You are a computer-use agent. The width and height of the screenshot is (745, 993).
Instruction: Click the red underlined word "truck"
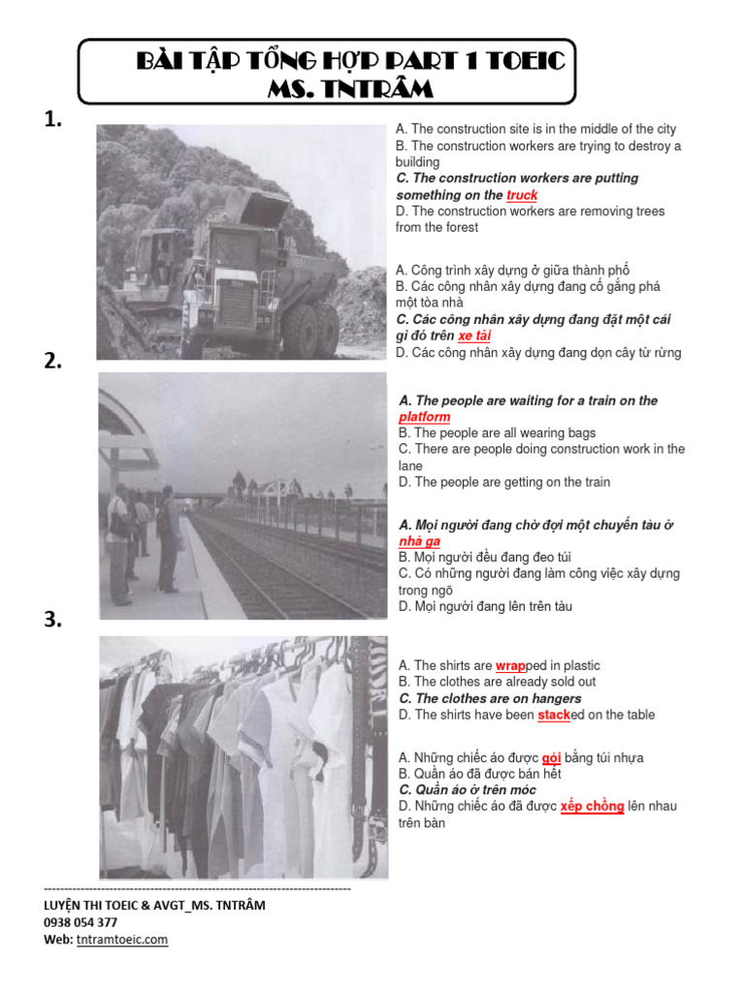522,195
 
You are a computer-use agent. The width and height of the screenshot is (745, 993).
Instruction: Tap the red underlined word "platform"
424,417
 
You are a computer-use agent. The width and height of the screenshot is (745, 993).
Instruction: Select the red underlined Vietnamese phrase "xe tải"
474,336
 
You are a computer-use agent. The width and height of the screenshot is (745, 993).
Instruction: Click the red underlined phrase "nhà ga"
419,541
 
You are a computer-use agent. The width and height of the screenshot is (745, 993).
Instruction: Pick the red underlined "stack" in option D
554,715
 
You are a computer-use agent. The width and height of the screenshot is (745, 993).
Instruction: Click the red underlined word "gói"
552,757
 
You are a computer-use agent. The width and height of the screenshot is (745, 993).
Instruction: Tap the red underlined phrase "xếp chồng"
592,806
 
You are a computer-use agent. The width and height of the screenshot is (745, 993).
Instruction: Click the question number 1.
53,119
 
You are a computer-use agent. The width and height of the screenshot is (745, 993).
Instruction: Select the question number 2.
53,361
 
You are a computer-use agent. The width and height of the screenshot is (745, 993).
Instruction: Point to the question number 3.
53,621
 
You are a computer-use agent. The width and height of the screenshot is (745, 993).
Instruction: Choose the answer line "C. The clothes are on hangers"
490,698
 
